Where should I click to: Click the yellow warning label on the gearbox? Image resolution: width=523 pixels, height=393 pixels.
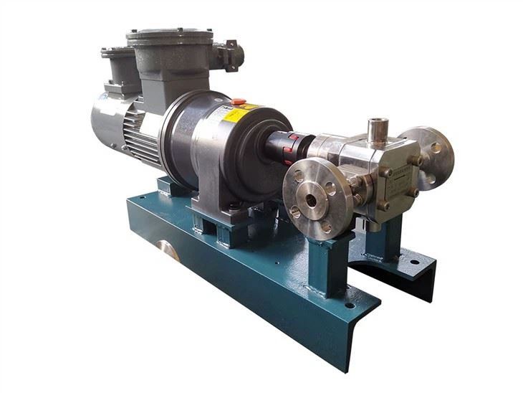click(241, 115)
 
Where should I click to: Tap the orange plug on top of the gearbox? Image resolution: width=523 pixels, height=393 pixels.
click(239, 102)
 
